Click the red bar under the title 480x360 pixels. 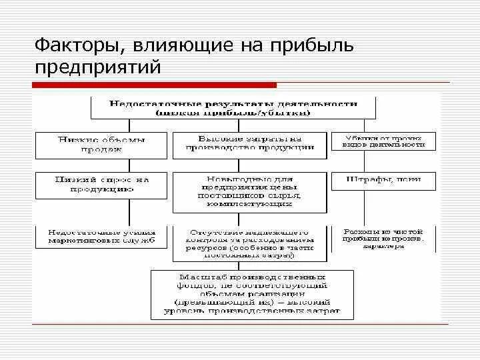pos(154,85)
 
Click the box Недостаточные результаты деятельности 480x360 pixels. pos(233,109)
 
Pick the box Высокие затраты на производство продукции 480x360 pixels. pos(250,144)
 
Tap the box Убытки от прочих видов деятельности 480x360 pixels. pos(383,141)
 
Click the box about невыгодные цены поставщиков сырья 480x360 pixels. pos(250,191)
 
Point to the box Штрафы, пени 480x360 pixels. pos(383,180)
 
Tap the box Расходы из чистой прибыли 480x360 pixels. pos(383,239)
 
